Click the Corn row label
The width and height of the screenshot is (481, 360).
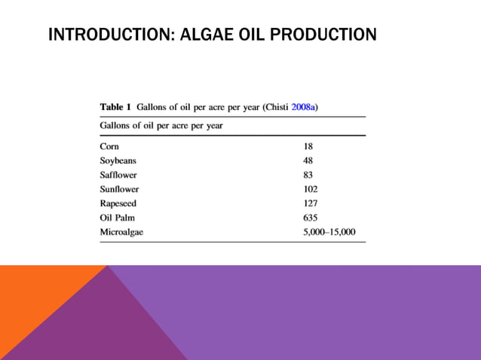pos(109,146)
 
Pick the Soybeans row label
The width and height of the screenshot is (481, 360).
pos(118,160)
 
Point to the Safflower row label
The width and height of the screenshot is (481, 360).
pos(118,175)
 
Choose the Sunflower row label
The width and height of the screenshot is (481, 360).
pos(119,189)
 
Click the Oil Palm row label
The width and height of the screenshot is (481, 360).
pos(117,218)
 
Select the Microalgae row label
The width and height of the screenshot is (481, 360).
pos(121,232)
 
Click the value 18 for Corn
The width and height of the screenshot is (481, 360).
pos(308,146)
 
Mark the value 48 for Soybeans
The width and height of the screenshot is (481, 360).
pos(308,160)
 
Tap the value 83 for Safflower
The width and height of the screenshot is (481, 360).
pos(308,175)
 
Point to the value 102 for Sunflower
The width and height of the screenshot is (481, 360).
pos(310,189)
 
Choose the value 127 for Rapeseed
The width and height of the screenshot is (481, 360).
pos(310,203)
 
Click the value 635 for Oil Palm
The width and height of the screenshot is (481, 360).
pos(310,218)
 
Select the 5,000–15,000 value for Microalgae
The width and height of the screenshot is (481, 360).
pos(329,232)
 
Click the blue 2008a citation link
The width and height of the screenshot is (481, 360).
pos(302,107)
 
